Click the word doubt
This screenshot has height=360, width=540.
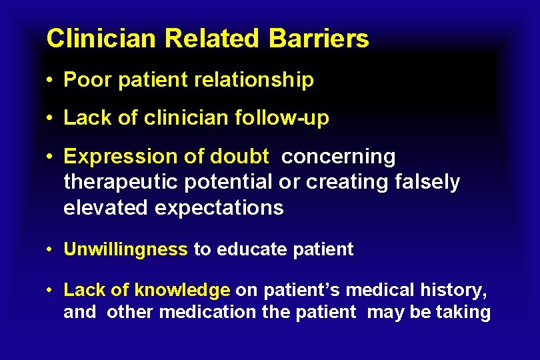pos(240,157)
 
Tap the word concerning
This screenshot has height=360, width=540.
pos(339,157)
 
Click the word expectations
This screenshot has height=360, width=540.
pos(219,207)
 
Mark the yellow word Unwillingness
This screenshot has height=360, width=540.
pos(125,250)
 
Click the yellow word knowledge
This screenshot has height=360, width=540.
pos(182,290)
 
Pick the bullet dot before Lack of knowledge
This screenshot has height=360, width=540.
pos(51,291)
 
